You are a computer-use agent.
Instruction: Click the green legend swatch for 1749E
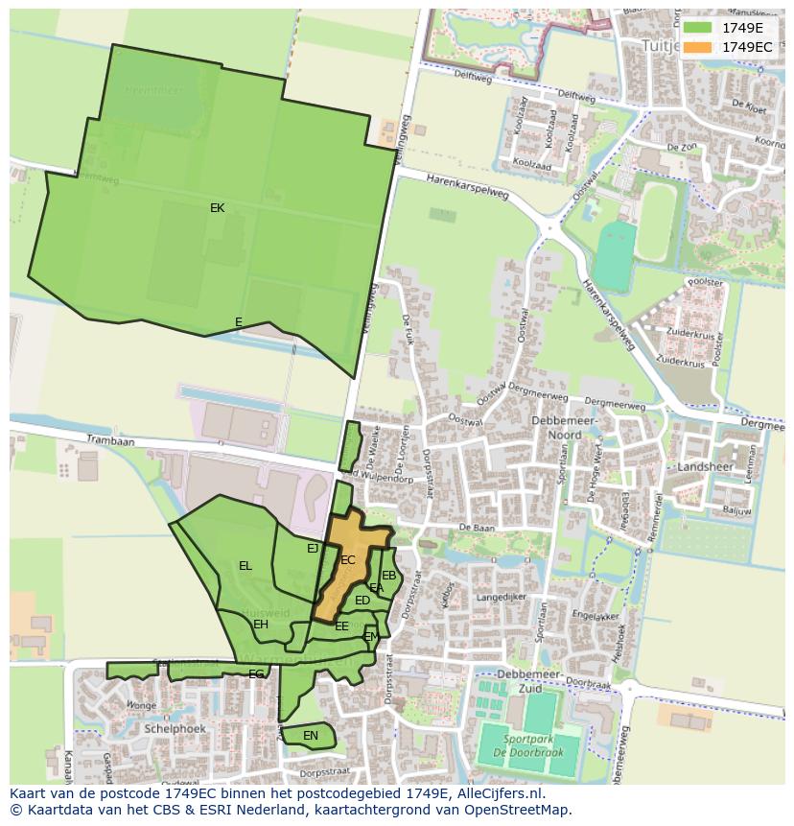tap(698, 28)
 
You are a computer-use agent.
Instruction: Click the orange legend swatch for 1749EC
tap(698, 47)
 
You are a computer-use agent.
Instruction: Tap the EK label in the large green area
tap(218, 207)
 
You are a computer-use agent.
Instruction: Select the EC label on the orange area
tap(348, 560)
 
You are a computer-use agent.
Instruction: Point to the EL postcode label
tap(245, 566)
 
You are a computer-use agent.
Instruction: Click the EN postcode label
tap(310, 736)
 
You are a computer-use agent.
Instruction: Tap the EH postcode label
tap(261, 625)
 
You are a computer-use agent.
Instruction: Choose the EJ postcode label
tap(313, 549)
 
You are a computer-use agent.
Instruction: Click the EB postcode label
tap(389, 576)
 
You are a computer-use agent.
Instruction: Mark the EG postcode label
tap(256, 674)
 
